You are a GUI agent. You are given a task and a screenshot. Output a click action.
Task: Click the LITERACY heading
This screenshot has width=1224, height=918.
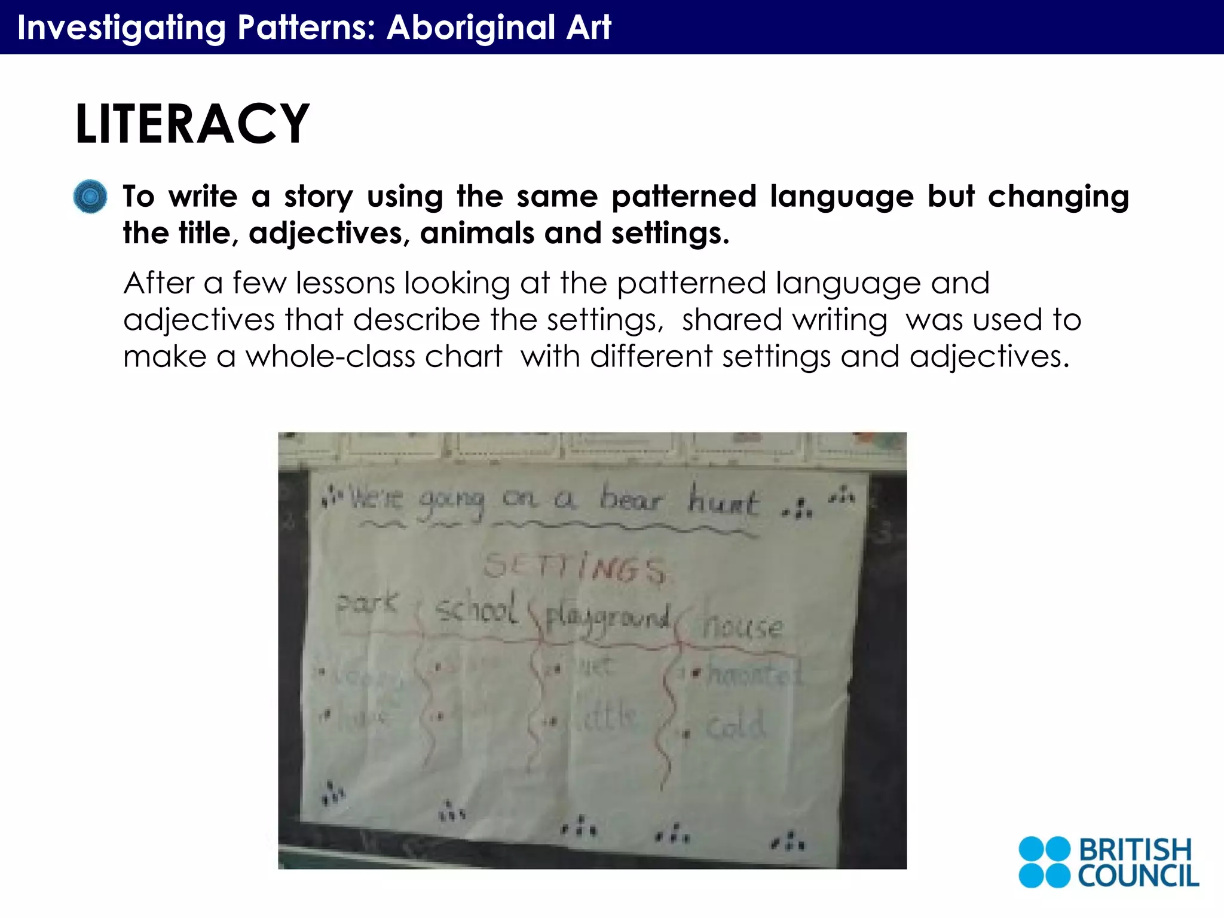[x=192, y=124]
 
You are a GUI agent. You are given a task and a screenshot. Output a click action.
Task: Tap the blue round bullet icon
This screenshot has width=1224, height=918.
[x=90, y=197]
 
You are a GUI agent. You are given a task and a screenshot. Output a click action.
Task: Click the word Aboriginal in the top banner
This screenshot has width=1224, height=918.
[x=471, y=27]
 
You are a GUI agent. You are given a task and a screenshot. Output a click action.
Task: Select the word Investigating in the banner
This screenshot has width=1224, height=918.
[x=122, y=27]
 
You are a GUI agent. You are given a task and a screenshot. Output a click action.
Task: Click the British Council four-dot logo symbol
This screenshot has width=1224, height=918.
[x=1044, y=862]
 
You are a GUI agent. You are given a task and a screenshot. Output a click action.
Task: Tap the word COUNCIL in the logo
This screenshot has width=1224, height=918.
[x=1138, y=876]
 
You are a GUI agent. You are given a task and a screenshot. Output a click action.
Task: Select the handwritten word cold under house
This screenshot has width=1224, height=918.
[x=735, y=726]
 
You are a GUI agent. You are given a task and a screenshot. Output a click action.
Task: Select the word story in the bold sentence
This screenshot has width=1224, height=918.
[x=319, y=197]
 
